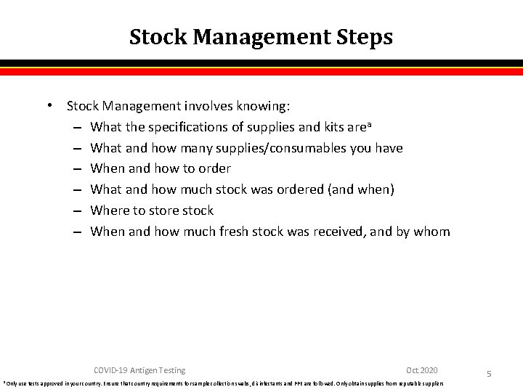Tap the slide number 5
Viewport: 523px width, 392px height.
489,374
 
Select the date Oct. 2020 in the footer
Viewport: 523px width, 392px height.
422,370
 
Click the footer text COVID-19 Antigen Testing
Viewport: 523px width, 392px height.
139,370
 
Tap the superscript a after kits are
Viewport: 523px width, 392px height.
349,125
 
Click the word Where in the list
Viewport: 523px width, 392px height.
110,211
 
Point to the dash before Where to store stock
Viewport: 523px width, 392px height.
77,211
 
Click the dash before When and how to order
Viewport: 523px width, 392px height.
77,168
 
